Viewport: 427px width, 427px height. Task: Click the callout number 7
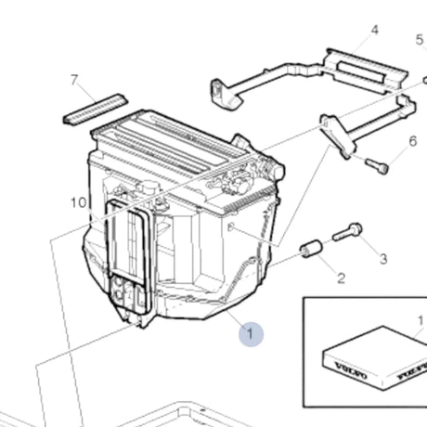tap(75, 81)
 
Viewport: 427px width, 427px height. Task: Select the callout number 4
tap(375, 31)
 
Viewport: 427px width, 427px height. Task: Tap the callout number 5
tap(419, 41)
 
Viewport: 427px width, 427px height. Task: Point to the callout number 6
tap(413, 141)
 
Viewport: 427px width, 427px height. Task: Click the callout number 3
tap(382, 258)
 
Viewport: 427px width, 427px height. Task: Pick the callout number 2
tap(341, 277)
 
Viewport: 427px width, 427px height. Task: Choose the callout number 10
tap(78, 201)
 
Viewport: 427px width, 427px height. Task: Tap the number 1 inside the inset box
tap(420, 321)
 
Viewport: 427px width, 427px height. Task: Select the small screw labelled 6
tap(376, 166)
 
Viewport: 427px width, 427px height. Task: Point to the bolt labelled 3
tap(347, 233)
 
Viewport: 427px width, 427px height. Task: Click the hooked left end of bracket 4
tap(219, 91)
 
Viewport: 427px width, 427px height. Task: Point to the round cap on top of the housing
tap(147, 187)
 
